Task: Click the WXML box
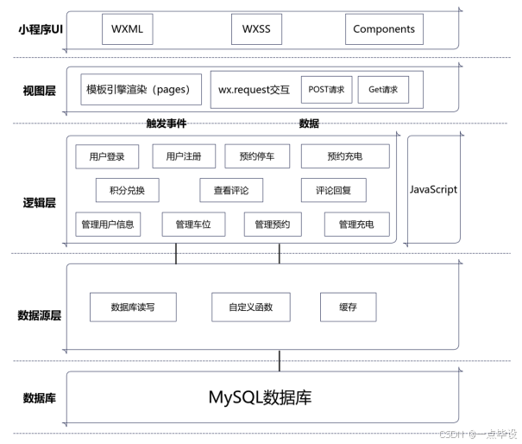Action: (127, 29)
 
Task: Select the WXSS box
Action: (256, 29)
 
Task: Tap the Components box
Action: (384, 29)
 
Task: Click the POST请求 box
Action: (327, 89)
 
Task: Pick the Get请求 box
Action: (383, 89)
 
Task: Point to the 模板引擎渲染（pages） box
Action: (138, 89)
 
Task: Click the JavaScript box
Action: (432, 189)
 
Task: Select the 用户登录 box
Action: (107, 156)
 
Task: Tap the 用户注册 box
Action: (184, 156)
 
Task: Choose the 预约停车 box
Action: (257, 156)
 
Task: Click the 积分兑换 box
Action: (127, 190)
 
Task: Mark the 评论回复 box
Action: (333, 190)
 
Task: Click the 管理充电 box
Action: (356, 225)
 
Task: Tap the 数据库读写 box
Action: (133, 307)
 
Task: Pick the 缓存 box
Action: (348, 307)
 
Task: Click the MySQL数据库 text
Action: (260, 397)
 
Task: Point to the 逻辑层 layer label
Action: (39, 203)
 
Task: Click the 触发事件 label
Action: (167, 124)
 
